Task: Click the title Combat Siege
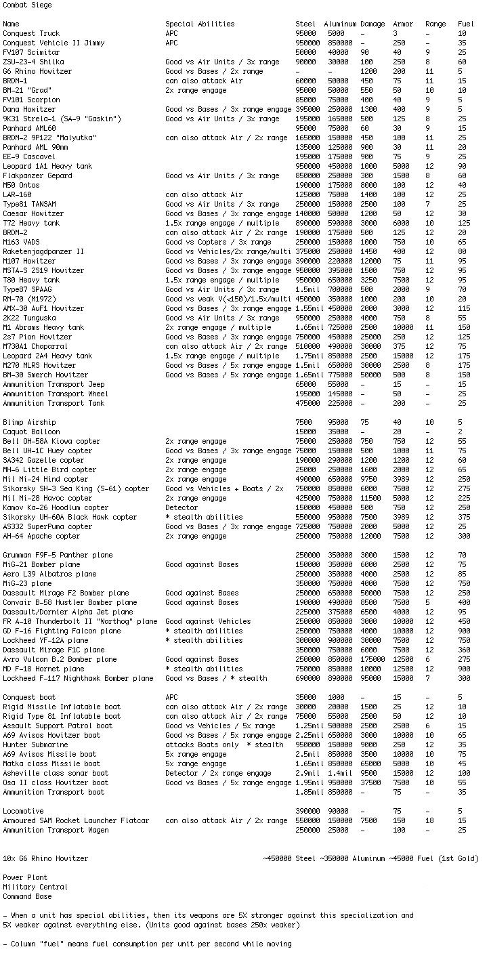(x=27, y=5)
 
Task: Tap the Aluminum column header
(x=340, y=24)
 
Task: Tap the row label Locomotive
(x=23, y=812)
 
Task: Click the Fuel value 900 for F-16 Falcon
(x=463, y=631)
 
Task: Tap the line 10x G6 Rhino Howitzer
(x=45, y=859)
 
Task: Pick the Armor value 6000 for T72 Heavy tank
(x=402, y=224)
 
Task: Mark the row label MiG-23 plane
(x=27, y=584)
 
